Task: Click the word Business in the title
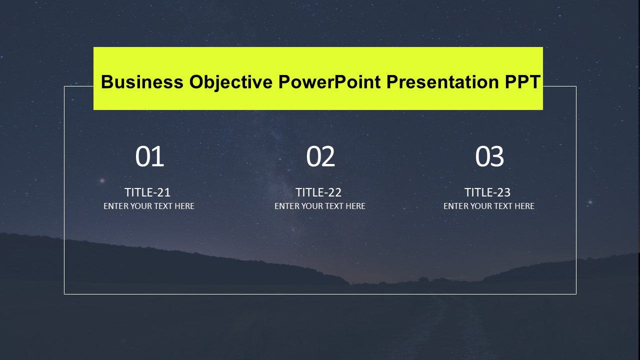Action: pyautogui.click(x=142, y=81)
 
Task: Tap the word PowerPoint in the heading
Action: pyautogui.click(x=329, y=81)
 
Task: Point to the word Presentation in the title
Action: pyautogui.click(x=442, y=81)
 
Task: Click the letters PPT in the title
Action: pyautogui.click(x=522, y=81)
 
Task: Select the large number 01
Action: pyautogui.click(x=149, y=156)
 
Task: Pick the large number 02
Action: pyautogui.click(x=320, y=156)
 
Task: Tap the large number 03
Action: pyautogui.click(x=489, y=156)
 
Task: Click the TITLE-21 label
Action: pyautogui.click(x=147, y=192)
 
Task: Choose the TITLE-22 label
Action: pyautogui.click(x=318, y=192)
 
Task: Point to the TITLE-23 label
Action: pyautogui.click(x=487, y=192)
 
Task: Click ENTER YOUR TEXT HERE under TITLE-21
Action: pyautogui.click(x=149, y=206)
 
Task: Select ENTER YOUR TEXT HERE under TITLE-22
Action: pyautogui.click(x=320, y=206)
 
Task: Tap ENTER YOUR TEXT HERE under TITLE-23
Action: pyautogui.click(x=489, y=206)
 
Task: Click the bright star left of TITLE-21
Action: pyautogui.click(x=102, y=180)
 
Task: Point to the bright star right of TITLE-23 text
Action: pyautogui.click(x=590, y=202)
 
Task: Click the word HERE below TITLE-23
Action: pyautogui.click(x=524, y=206)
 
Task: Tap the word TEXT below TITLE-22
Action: pyautogui.click(x=335, y=206)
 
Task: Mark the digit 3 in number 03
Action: pyautogui.click(x=497, y=156)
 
